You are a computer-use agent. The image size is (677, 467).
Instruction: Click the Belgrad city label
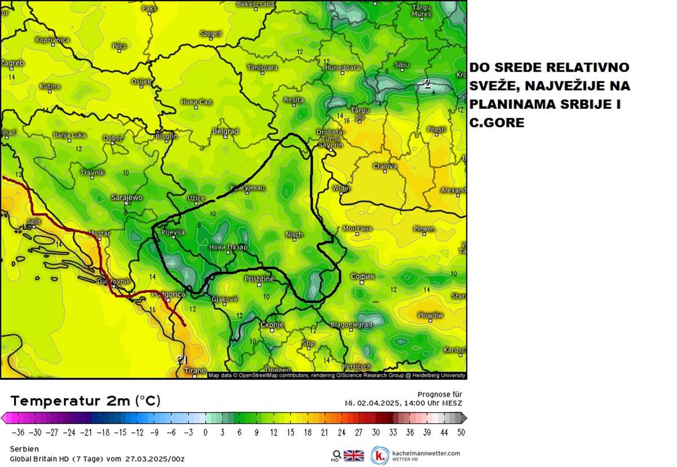225,131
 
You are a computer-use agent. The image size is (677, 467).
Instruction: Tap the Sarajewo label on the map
126,197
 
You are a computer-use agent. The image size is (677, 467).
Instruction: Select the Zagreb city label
12,63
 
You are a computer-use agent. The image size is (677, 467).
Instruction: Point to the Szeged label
211,34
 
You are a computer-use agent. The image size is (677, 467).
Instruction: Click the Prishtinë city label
259,279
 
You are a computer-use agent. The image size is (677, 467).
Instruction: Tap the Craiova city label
385,166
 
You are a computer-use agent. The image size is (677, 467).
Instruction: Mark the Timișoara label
262,68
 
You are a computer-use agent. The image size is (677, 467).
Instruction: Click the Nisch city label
294,234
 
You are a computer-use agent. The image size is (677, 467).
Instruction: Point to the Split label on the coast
34,222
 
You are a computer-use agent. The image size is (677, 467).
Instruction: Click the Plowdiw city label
430,315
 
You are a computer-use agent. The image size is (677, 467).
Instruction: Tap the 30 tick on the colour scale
376,433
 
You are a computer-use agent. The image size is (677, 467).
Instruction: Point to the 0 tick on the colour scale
205,433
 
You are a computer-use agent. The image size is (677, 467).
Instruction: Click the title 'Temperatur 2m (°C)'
85,401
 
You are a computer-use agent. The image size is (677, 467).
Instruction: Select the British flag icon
354,455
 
